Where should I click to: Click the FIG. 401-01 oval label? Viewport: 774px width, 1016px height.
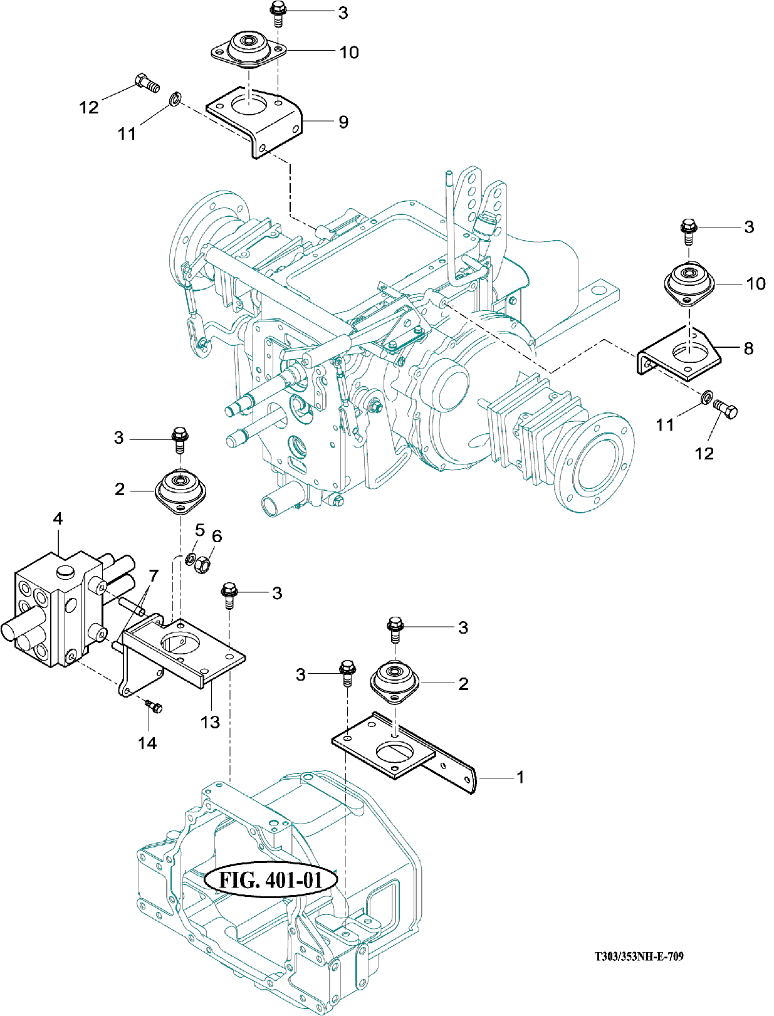[x=271, y=880]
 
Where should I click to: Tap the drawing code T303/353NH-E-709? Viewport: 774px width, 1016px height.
[x=639, y=956]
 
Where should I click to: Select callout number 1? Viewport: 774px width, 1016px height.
[x=520, y=777]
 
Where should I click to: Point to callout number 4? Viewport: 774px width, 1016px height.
[x=58, y=518]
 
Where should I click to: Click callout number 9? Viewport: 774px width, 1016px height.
[x=343, y=122]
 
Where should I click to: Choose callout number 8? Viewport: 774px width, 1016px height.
[x=748, y=348]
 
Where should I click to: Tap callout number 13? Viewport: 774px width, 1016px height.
[x=210, y=721]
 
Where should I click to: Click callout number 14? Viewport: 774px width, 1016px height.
[x=147, y=743]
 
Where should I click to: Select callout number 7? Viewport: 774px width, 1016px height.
[x=153, y=576]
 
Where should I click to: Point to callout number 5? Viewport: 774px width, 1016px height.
[x=200, y=530]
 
